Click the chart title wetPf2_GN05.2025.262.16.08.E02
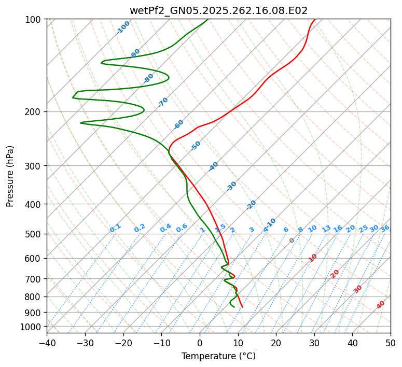(218, 10)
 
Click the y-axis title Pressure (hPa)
(10, 176)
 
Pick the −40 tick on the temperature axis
(47, 343)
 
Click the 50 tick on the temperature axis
(391, 343)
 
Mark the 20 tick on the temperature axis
(276, 343)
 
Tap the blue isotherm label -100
(123, 27)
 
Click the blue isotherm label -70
(163, 102)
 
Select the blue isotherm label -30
(231, 186)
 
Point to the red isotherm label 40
(381, 305)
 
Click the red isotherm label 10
(313, 258)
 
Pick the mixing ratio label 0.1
(115, 228)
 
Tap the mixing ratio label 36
(385, 228)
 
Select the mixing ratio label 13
(326, 229)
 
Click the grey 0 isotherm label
(292, 241)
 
